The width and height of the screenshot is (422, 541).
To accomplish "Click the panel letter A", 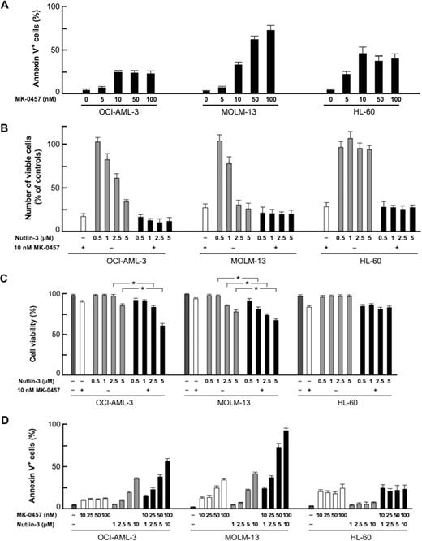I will pos(6,6).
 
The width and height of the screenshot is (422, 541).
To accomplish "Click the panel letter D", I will pos(6,415).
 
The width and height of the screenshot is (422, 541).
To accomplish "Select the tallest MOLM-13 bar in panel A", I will pos(270,61).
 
